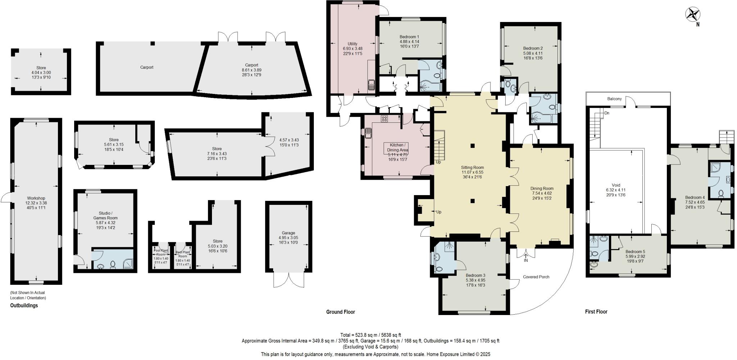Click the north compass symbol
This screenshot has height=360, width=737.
692,15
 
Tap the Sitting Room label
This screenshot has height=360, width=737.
473,168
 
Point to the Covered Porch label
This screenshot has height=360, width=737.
536,277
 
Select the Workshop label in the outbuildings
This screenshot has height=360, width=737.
36,198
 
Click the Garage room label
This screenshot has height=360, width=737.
288,233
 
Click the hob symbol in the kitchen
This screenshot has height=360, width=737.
384,118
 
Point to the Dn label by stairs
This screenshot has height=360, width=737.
607,113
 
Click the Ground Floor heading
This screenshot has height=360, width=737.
340,312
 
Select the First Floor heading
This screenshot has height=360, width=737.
596,312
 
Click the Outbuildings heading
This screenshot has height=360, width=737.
24,306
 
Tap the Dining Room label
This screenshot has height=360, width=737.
542,189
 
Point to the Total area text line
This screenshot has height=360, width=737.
370,335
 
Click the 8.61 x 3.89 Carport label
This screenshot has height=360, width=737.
252,65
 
